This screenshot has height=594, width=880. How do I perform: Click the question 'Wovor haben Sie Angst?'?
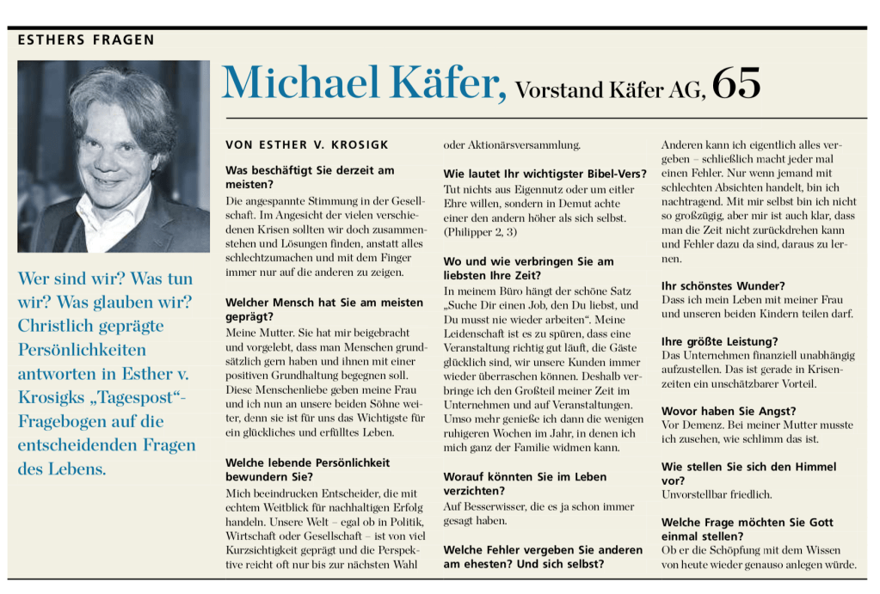[728, 411]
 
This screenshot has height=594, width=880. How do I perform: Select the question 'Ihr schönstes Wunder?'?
[722, 285]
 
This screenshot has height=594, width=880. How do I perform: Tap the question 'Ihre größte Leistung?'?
[718, 341]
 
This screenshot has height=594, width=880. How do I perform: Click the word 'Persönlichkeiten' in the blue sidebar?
[82, 351]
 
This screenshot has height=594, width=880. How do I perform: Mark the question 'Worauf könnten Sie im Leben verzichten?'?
[525, 483]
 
